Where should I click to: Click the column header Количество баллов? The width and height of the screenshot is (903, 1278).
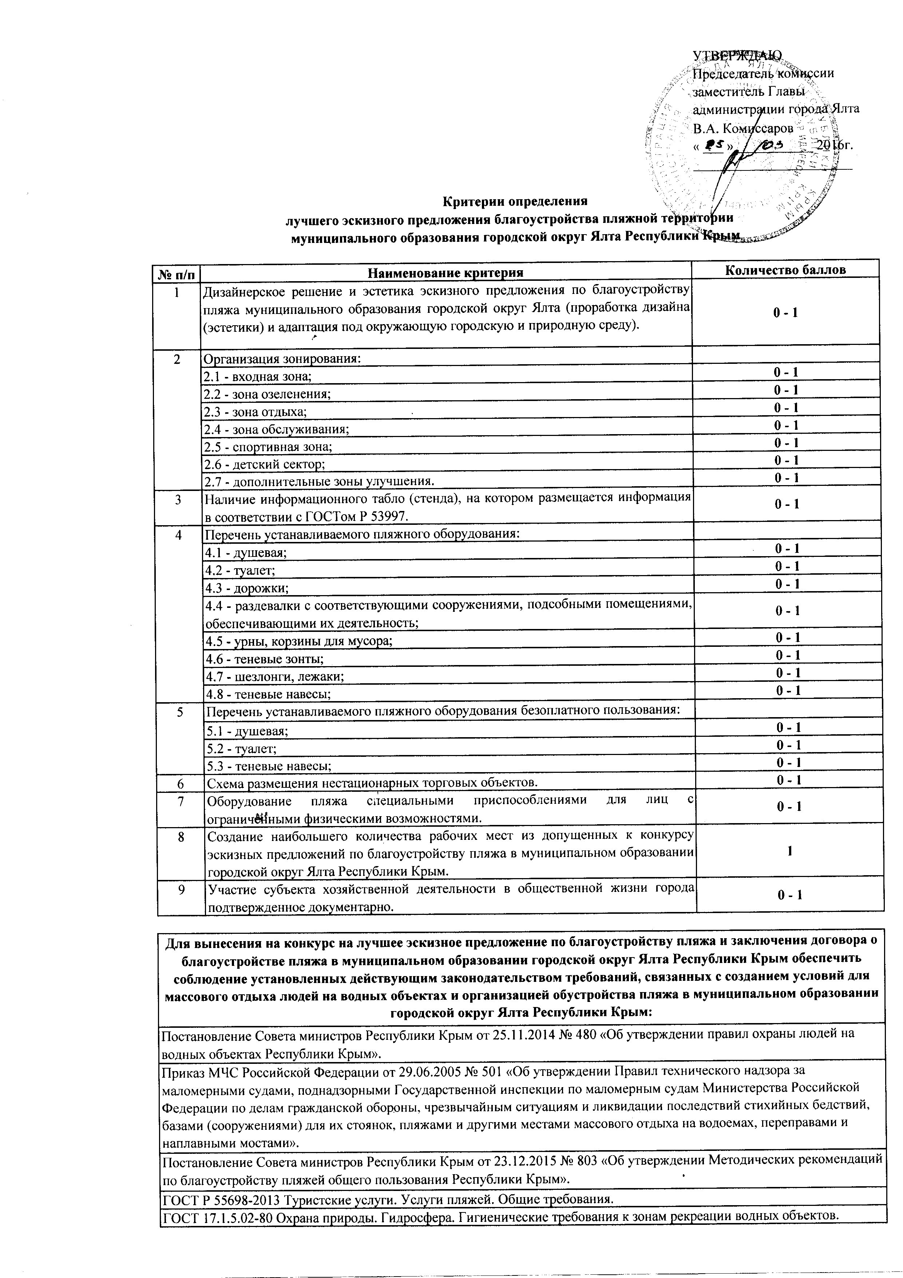[785, 270]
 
